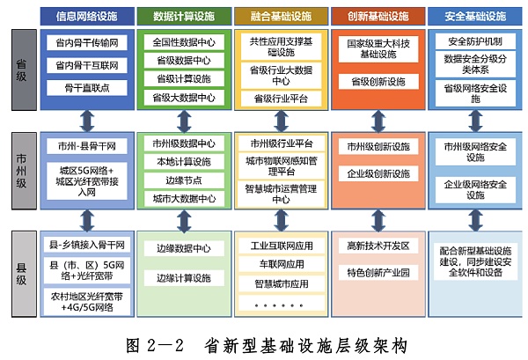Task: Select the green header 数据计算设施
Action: pos(181,15)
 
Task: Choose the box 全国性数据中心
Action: pos(182,41)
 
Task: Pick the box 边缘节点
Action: pos(182,180)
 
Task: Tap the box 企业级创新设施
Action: pos(378,173)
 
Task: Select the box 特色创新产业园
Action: pos(378,273)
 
